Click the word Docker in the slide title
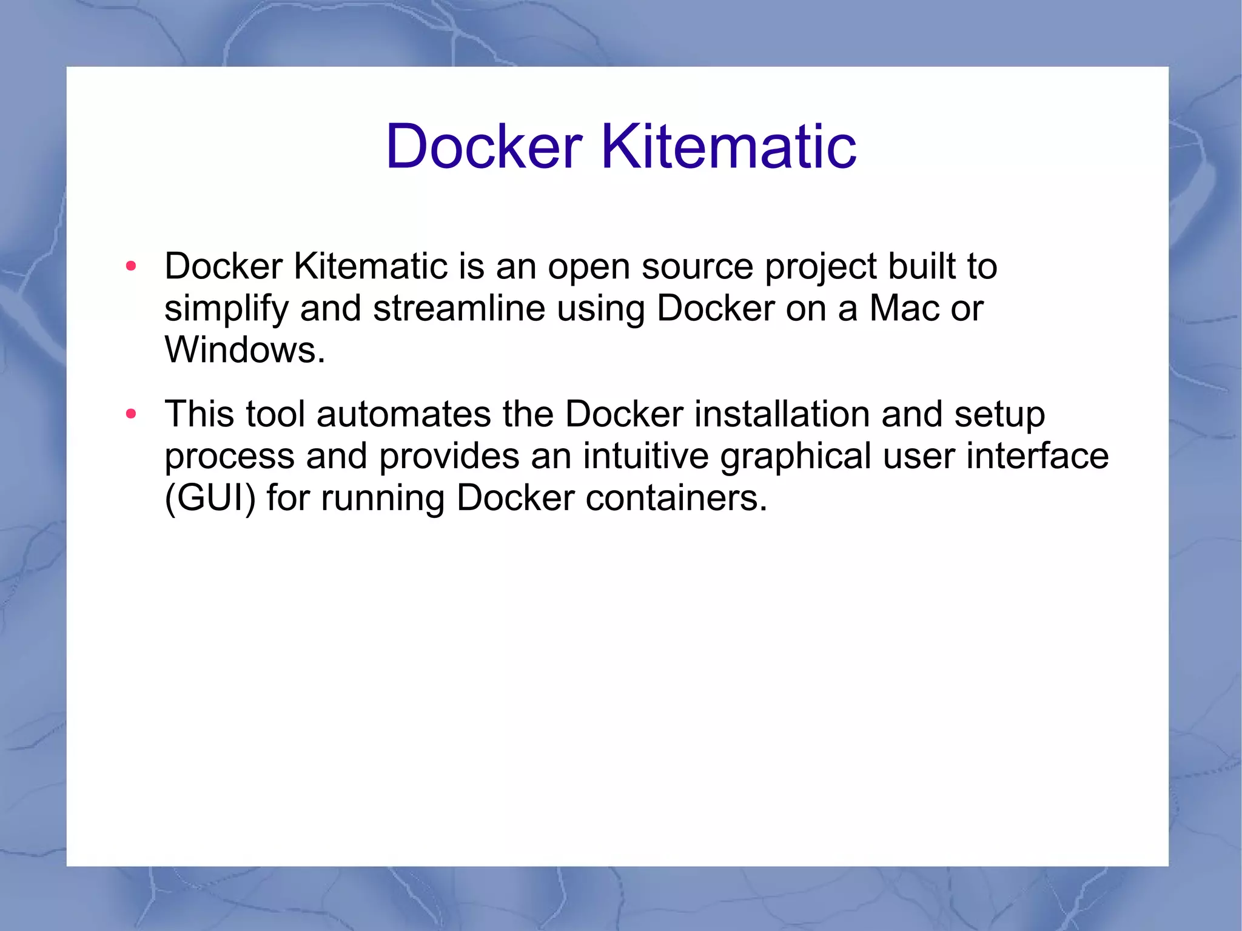(x=484, y=146)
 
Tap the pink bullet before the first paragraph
(x=131, y=266)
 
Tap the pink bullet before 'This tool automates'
(x=131, y=414)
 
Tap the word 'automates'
(x=403, y=414)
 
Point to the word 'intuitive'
(x=646, y=456)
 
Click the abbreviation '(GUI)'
(x=210, y=499)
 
